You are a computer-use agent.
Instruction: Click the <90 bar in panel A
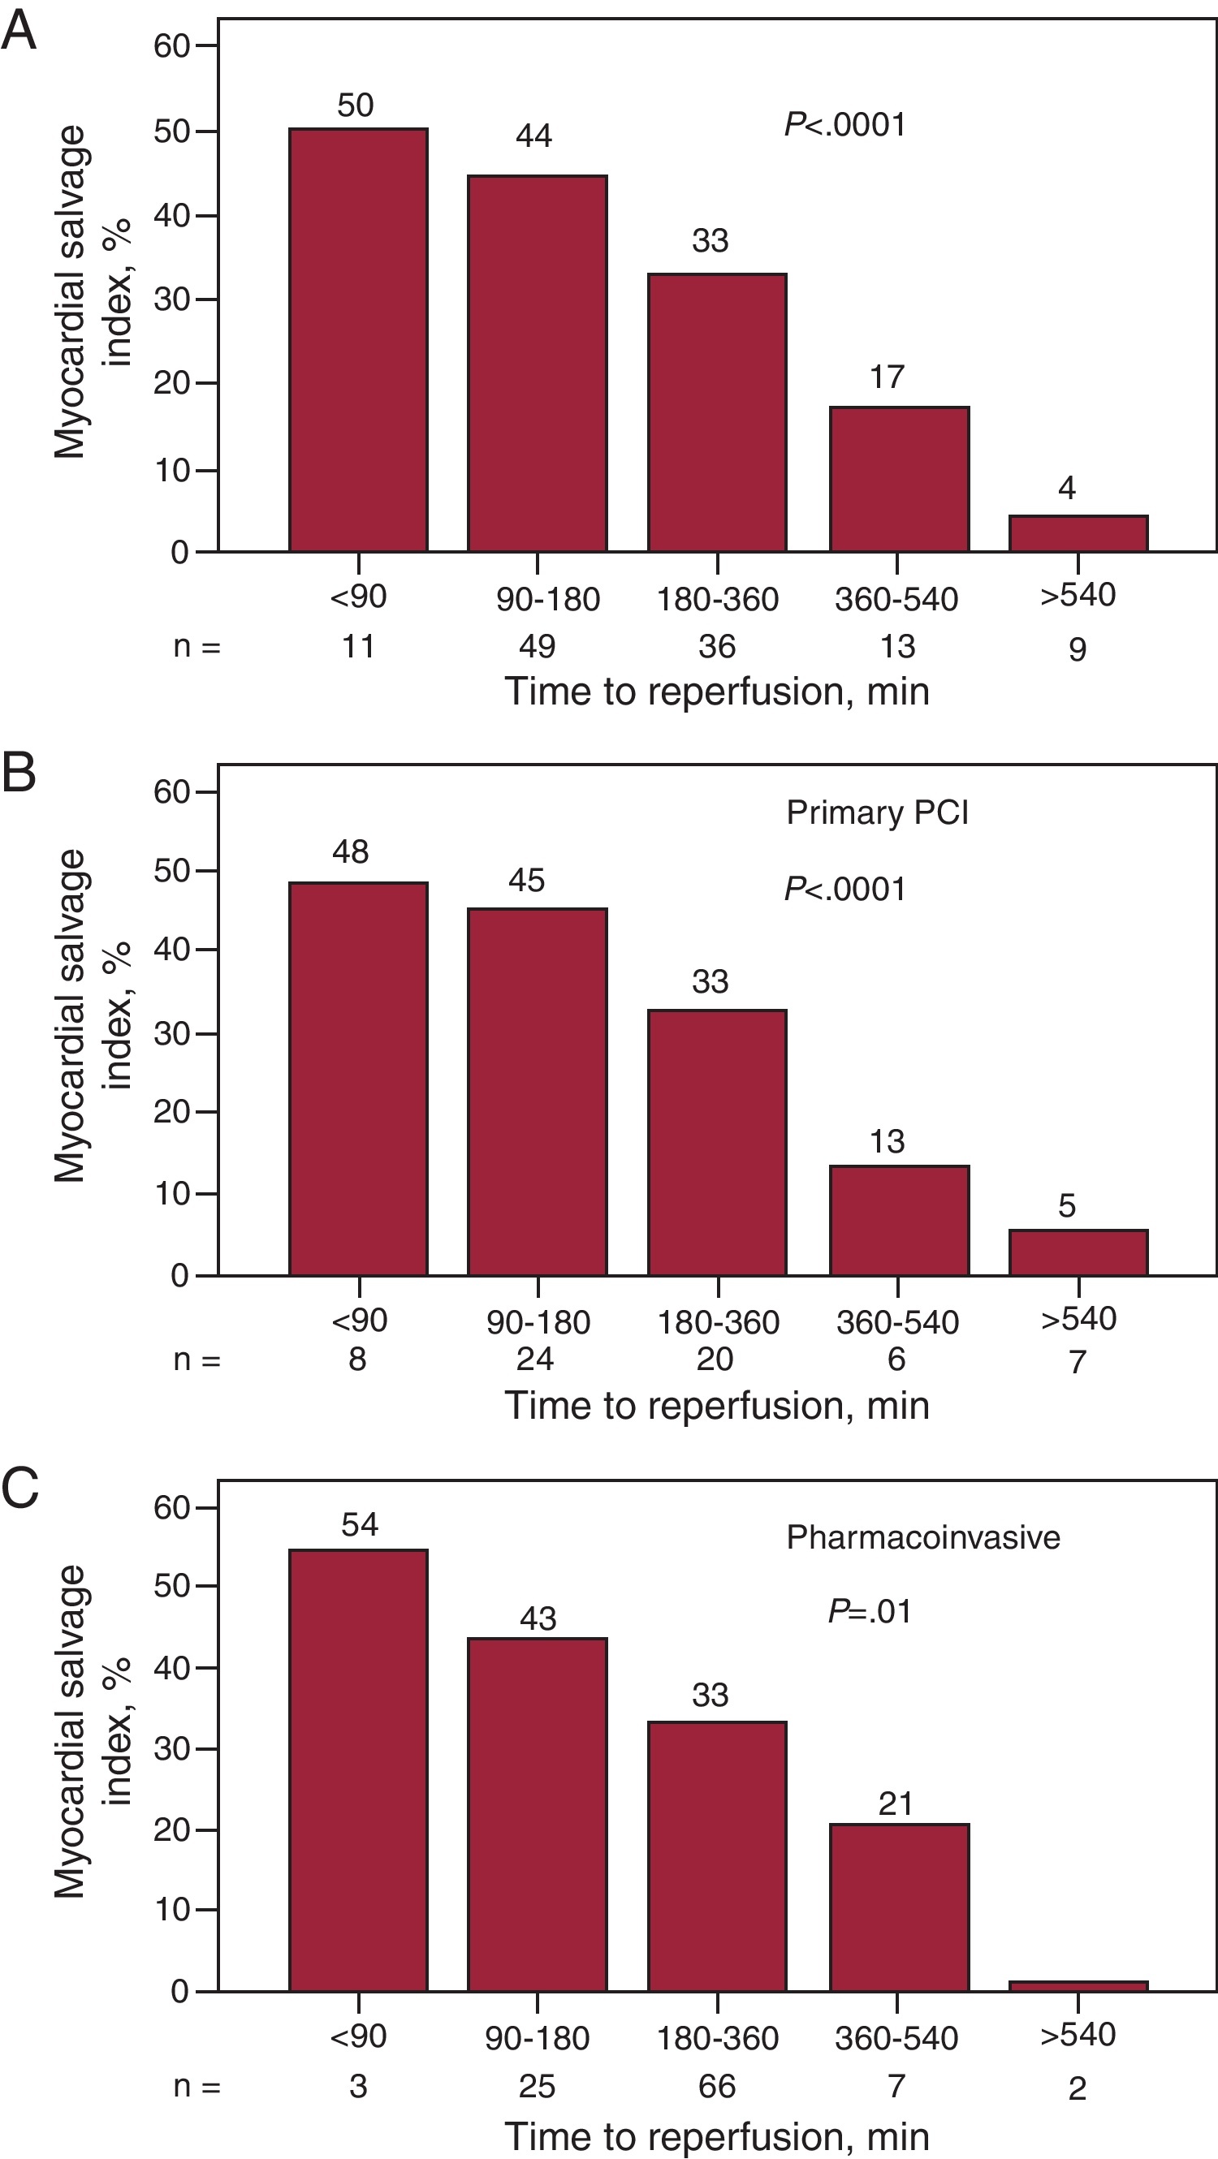coord(358,339)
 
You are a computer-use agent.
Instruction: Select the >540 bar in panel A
coord(1078,534)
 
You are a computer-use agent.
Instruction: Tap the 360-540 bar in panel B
coord(899,1220)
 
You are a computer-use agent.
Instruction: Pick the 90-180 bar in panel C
coord(538,1815)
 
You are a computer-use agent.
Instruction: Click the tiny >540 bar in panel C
coord(1078,1986)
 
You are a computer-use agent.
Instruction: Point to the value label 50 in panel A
coord(356,106)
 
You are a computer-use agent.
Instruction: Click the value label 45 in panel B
coord(526,881)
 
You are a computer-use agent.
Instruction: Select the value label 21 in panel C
coord(896,1803)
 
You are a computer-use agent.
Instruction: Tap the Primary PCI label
coord(877,813)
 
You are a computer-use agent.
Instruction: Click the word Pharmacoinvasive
coord(923,1537)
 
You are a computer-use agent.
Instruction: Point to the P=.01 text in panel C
coord(870,1612)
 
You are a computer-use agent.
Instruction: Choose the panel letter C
coord(20,1489)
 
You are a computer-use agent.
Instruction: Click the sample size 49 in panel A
coord(537,646)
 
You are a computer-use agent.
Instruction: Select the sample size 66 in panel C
coord(717,2086)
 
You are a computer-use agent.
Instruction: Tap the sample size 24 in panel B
coord(535,1359)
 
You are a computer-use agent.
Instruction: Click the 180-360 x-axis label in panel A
coord(718,599)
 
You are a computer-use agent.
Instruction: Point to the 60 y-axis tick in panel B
coord(172,792)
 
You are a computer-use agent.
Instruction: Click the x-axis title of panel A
coord(717,692)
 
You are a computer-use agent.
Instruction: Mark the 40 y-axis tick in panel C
coord(172,1668)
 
